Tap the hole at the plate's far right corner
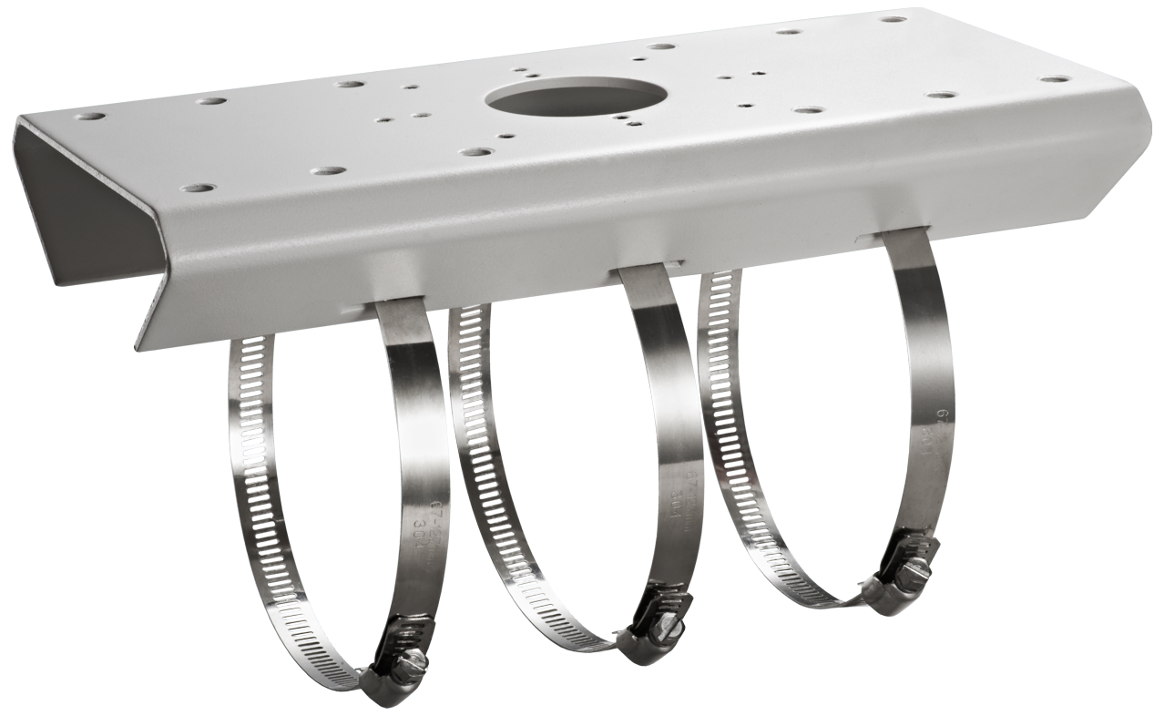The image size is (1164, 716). (x=1059, y=80)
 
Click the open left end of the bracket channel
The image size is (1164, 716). (x=82, y=210)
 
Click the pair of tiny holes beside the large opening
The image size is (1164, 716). (x=625, y=119)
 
